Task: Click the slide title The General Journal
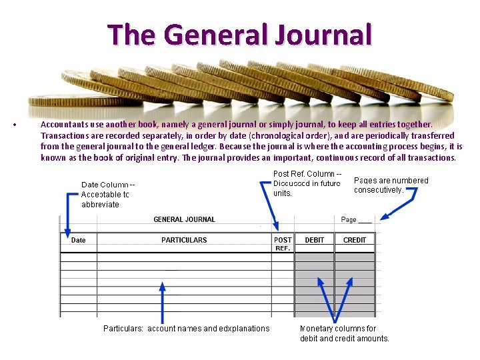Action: click(x=239, y=35)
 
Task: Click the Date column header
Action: click(x=79, y=240)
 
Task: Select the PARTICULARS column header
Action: click(x=184, y=240)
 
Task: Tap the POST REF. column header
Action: click(x=283, y=244)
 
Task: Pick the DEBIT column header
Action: click(x=315, y=240)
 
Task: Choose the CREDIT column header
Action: click(x=355, y=240)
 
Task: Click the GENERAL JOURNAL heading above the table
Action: click(x=184, y=219)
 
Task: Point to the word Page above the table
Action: click(x=349, y=219)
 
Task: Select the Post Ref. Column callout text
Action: click(x=307, y=183)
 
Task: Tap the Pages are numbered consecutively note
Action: click(x=391, y=185)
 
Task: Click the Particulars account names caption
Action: click(x=187, y=328)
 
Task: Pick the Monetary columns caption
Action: click(x=344, y=333)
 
